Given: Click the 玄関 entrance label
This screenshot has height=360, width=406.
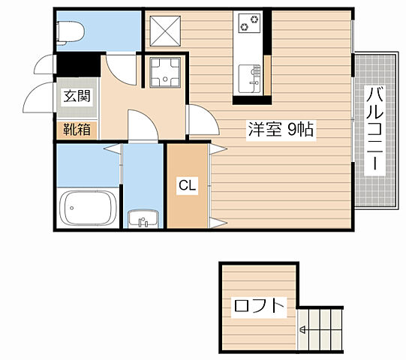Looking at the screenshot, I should [77, 96].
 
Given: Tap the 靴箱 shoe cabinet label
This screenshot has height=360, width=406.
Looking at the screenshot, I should [77, 129].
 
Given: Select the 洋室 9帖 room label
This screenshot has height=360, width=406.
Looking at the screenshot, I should [281, 128].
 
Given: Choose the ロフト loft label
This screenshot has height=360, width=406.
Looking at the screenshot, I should [259, 306].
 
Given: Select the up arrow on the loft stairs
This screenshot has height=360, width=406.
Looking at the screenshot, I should [302, 328].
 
